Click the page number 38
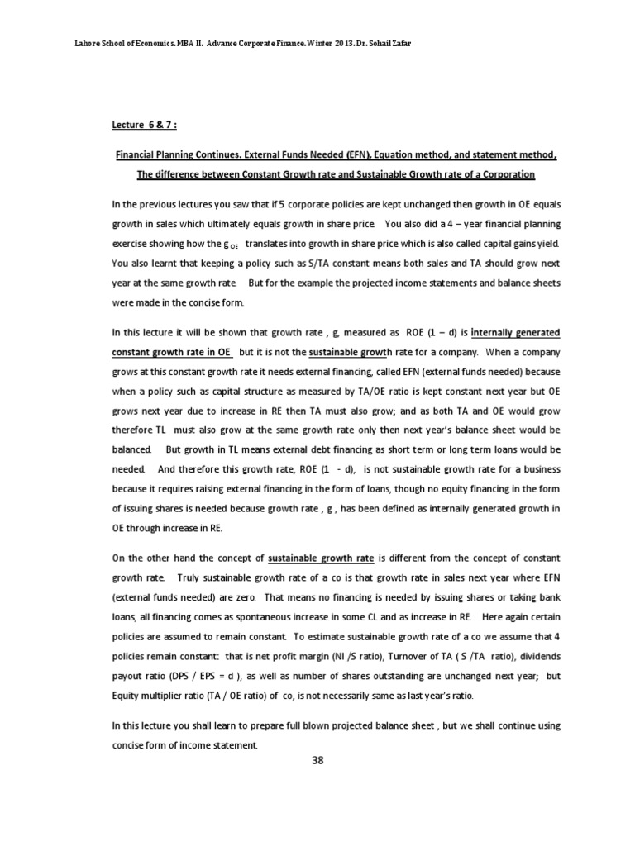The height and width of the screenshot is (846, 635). [x=317, y=761]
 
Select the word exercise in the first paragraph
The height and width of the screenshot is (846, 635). [x=130, y=244]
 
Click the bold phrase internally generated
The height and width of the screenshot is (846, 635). [x=516, y=332]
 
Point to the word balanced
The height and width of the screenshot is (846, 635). [x=130, y=449]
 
